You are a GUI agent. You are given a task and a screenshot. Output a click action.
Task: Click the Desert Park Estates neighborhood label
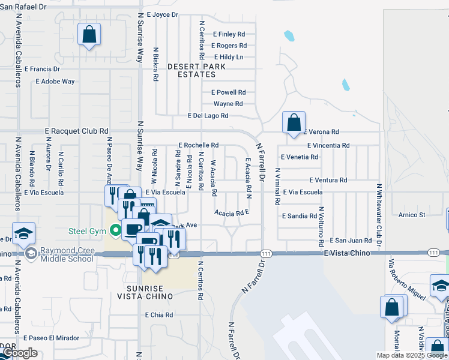[192, 70]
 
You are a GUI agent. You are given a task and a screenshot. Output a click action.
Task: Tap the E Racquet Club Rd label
[77, 131]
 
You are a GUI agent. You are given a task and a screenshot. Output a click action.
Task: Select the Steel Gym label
[87, 230]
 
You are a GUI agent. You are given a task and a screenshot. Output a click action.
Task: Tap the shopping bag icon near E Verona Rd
[294, 123]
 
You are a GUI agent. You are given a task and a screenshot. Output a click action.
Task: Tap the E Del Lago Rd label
[208, 116]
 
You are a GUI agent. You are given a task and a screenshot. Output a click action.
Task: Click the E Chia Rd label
[159, 314]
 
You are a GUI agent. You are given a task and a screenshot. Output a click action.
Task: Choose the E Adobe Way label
[55, 81]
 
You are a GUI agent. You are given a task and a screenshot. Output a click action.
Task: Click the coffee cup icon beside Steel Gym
[133, 229]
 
